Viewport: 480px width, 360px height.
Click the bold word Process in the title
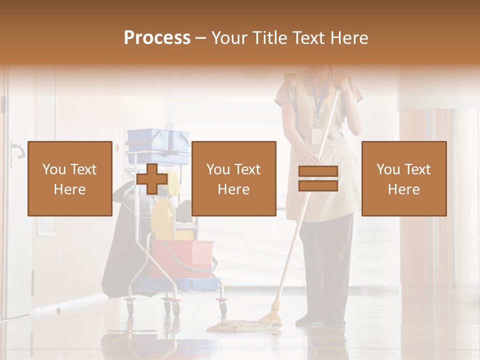157,37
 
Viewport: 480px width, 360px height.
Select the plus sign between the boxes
152,178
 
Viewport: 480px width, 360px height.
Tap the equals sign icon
318,178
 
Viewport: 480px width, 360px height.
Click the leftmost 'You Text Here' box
70,178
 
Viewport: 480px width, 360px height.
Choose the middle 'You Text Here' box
233,178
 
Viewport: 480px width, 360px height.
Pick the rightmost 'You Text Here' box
403,178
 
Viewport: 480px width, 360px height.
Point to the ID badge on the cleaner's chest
316,135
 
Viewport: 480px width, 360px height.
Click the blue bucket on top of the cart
158,145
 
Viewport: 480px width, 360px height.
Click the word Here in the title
349,37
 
